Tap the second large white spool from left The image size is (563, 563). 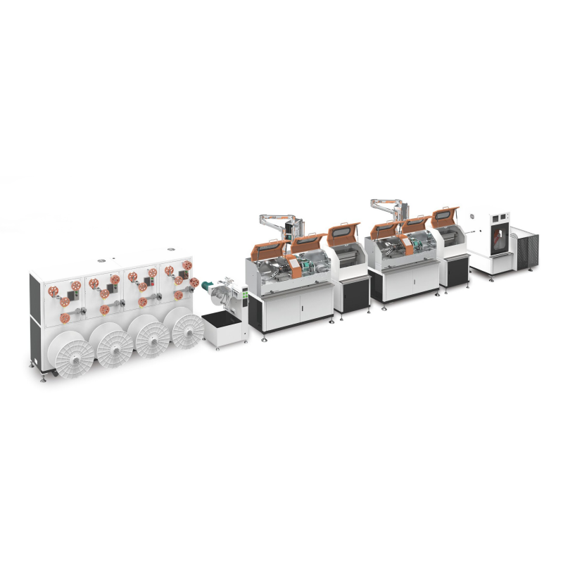point(115,346)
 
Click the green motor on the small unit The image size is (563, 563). point(208,287)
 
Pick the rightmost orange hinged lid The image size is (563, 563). point(445,216)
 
